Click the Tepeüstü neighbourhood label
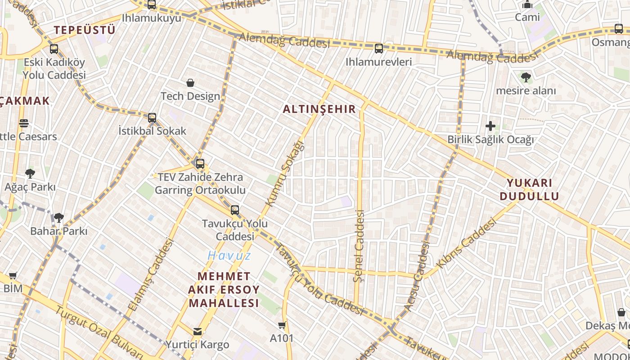[x=85, y=30]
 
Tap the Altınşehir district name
[x=319, y=109]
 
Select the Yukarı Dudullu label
[x=529, y=189]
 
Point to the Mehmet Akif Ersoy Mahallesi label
[x=224, y=289]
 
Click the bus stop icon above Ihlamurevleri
[x=379, y=49]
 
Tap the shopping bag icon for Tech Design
[x=190, y=83]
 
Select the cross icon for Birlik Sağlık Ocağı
[x=490, y=126]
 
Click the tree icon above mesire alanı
[x=526, y=77]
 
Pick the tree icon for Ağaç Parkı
[x=30, y=173]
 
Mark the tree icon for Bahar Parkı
[x=58, y=218]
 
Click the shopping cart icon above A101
[x=282, y=325]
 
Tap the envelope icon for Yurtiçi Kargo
[x=197, y=332]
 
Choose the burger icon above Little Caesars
[x=24, y=123]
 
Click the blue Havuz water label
[x=229, y=256]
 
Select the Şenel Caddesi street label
[x=359, y=246]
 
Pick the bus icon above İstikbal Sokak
[x=152, y=118]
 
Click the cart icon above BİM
[x=13, y=275]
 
